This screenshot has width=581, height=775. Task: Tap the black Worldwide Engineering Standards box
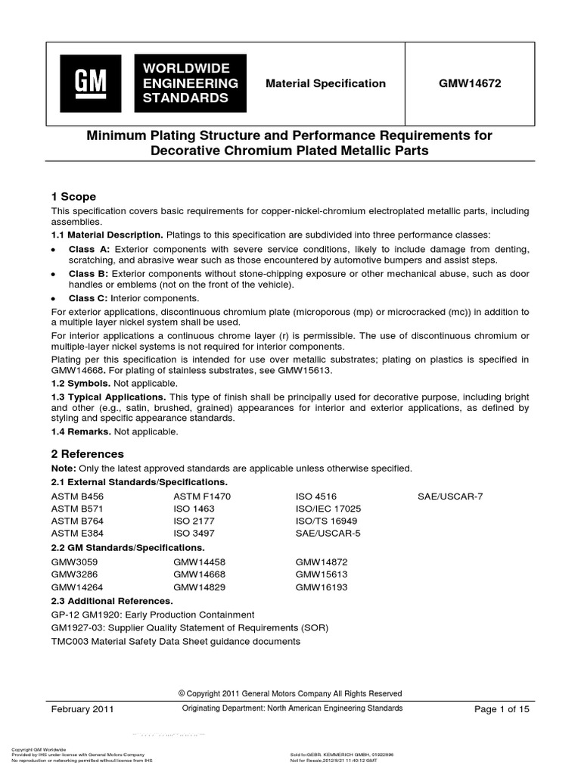pyautogui.click(x=190, y=83)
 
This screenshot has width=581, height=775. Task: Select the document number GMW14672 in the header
pyautogui.click(x=470, y=84)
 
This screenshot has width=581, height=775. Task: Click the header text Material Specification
pyautogui.click(x=325, y=84)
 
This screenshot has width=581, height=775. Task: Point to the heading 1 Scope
pyautogui.click(x=73, y=196)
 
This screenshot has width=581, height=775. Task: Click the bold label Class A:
pyautogui.click(x=89, y=249)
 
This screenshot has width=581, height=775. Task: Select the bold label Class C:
pyautogui.click(x=89, y=298)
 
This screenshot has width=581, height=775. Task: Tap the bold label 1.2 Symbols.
pyautogui.click(x=80, y=382)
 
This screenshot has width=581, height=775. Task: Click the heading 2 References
pyautogui.click(x=87, y=454)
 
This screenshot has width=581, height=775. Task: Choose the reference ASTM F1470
pyautogui.click(x=201, y=496)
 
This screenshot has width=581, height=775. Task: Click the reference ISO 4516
pyautogui.click(x=316, y=496)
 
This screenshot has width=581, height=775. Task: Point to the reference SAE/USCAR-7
pyautogui.click(x=449, y=496)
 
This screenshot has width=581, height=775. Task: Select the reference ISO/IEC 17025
pyautogui.click(x=328, y=509)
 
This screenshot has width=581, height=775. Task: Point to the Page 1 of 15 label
pyautogui.click(x=502, y=709)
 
